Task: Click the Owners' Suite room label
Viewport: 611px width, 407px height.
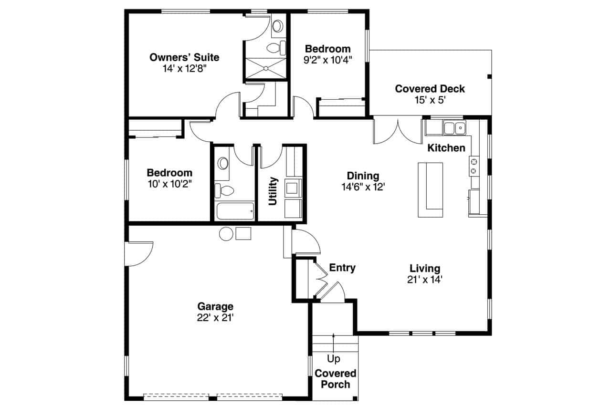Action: point(184,58)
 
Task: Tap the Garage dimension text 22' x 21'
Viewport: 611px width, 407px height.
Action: point(215,317)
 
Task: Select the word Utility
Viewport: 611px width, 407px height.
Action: point(273,191)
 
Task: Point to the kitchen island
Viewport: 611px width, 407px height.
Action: point(430,190)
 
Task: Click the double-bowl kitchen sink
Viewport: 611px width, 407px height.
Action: point(454,128)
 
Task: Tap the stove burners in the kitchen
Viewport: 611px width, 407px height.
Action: point(474,166)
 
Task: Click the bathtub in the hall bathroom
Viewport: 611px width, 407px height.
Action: point(235,211)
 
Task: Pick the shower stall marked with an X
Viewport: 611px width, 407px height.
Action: point(265,69)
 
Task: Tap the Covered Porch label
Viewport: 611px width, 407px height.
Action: point(335,379)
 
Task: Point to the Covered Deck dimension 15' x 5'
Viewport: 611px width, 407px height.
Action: point(430,100)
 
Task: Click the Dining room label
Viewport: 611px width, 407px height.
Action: point(363,176)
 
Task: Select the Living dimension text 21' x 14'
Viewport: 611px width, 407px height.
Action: point(425,280)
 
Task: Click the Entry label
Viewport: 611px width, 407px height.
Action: point(342,268)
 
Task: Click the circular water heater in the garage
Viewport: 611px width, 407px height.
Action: point(226,233)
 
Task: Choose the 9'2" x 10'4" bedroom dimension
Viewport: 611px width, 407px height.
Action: point(327,60)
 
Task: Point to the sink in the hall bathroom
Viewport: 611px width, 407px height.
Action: point(223,164)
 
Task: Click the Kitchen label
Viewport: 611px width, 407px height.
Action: point(446,148)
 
